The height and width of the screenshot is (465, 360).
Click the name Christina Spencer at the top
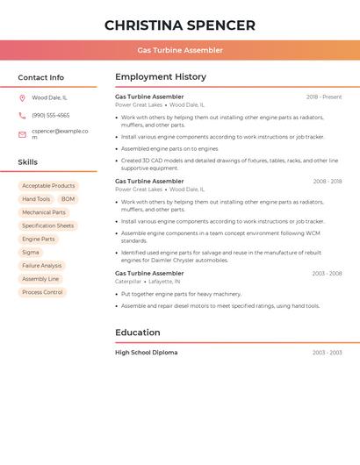pos(180,25)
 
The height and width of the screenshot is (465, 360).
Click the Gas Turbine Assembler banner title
pos(180,50)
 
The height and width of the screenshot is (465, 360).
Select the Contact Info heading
pos(40,77)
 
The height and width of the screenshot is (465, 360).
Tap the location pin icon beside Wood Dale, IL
pos(22,97)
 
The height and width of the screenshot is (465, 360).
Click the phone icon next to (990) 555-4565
pos(22,115)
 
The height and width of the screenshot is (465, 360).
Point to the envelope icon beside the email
pos(22,134)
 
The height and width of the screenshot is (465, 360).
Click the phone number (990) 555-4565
pos(51,115)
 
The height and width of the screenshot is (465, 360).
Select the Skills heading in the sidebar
pos(27,162)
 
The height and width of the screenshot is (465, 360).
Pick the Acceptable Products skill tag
pos(48,186)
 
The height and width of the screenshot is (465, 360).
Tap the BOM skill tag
pos(68,199)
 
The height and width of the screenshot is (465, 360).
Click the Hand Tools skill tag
pos(36,199)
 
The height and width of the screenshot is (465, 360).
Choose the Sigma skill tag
pos(31,252)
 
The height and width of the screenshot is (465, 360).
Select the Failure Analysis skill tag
pos(42,265)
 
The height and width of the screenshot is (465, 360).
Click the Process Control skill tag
pos(42,292)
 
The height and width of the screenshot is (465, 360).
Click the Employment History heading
pos(160,77)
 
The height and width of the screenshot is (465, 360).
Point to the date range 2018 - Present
pos(324,97)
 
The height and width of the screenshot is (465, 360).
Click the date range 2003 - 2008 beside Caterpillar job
pos(327,274)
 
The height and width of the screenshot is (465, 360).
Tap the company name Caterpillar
pos(128,282)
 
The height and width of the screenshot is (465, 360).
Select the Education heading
pos(137,333)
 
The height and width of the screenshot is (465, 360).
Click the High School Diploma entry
pos(146,353)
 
